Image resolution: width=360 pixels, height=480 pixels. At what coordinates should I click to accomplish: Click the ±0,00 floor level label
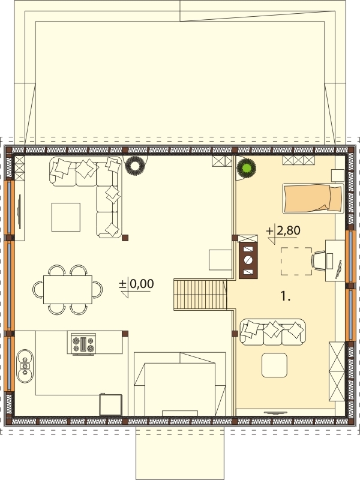coord(137,284)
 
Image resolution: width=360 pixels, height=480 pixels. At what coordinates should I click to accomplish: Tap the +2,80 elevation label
coord(283,230)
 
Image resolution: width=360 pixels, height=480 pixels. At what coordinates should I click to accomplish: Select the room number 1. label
coord(286,296)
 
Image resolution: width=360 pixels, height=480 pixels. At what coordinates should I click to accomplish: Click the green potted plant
coord(247,168)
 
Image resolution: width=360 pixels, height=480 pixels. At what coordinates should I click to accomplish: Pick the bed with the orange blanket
coord(313,198)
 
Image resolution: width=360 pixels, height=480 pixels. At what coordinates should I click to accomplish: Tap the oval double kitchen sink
coord(25,366)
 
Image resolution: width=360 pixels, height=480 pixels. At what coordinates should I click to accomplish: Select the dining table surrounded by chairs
coord(68,290)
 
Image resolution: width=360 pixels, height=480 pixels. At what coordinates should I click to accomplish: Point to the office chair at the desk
coord(319,260)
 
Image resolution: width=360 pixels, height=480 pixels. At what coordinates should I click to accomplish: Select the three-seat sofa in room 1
coord(272,332)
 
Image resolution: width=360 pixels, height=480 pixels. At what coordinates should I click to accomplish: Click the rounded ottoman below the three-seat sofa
coord(274,365)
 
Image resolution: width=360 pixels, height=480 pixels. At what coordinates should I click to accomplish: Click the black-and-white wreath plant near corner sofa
coord(134,166)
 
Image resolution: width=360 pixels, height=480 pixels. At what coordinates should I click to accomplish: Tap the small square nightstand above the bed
coord(338,176)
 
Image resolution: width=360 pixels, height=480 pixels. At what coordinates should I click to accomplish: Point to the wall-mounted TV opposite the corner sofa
coord(20,211)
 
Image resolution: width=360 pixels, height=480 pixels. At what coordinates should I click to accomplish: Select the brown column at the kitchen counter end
coord(125,334)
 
